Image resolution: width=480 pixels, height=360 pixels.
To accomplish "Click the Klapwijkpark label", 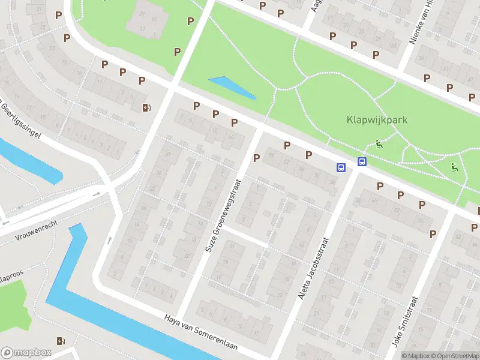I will [377, 119].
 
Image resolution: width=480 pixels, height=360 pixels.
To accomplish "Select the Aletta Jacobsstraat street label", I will [313, 268].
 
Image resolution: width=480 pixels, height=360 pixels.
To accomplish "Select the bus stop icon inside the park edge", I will [362, 161].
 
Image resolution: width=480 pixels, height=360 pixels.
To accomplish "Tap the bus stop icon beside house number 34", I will [341, 168].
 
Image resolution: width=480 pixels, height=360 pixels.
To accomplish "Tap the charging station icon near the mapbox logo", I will [60, 341].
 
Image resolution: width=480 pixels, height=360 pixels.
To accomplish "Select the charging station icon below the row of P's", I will [146, 108].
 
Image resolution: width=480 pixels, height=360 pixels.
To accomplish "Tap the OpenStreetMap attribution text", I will [453, 356].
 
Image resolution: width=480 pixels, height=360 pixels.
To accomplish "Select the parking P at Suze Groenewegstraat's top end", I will [256, 158].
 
